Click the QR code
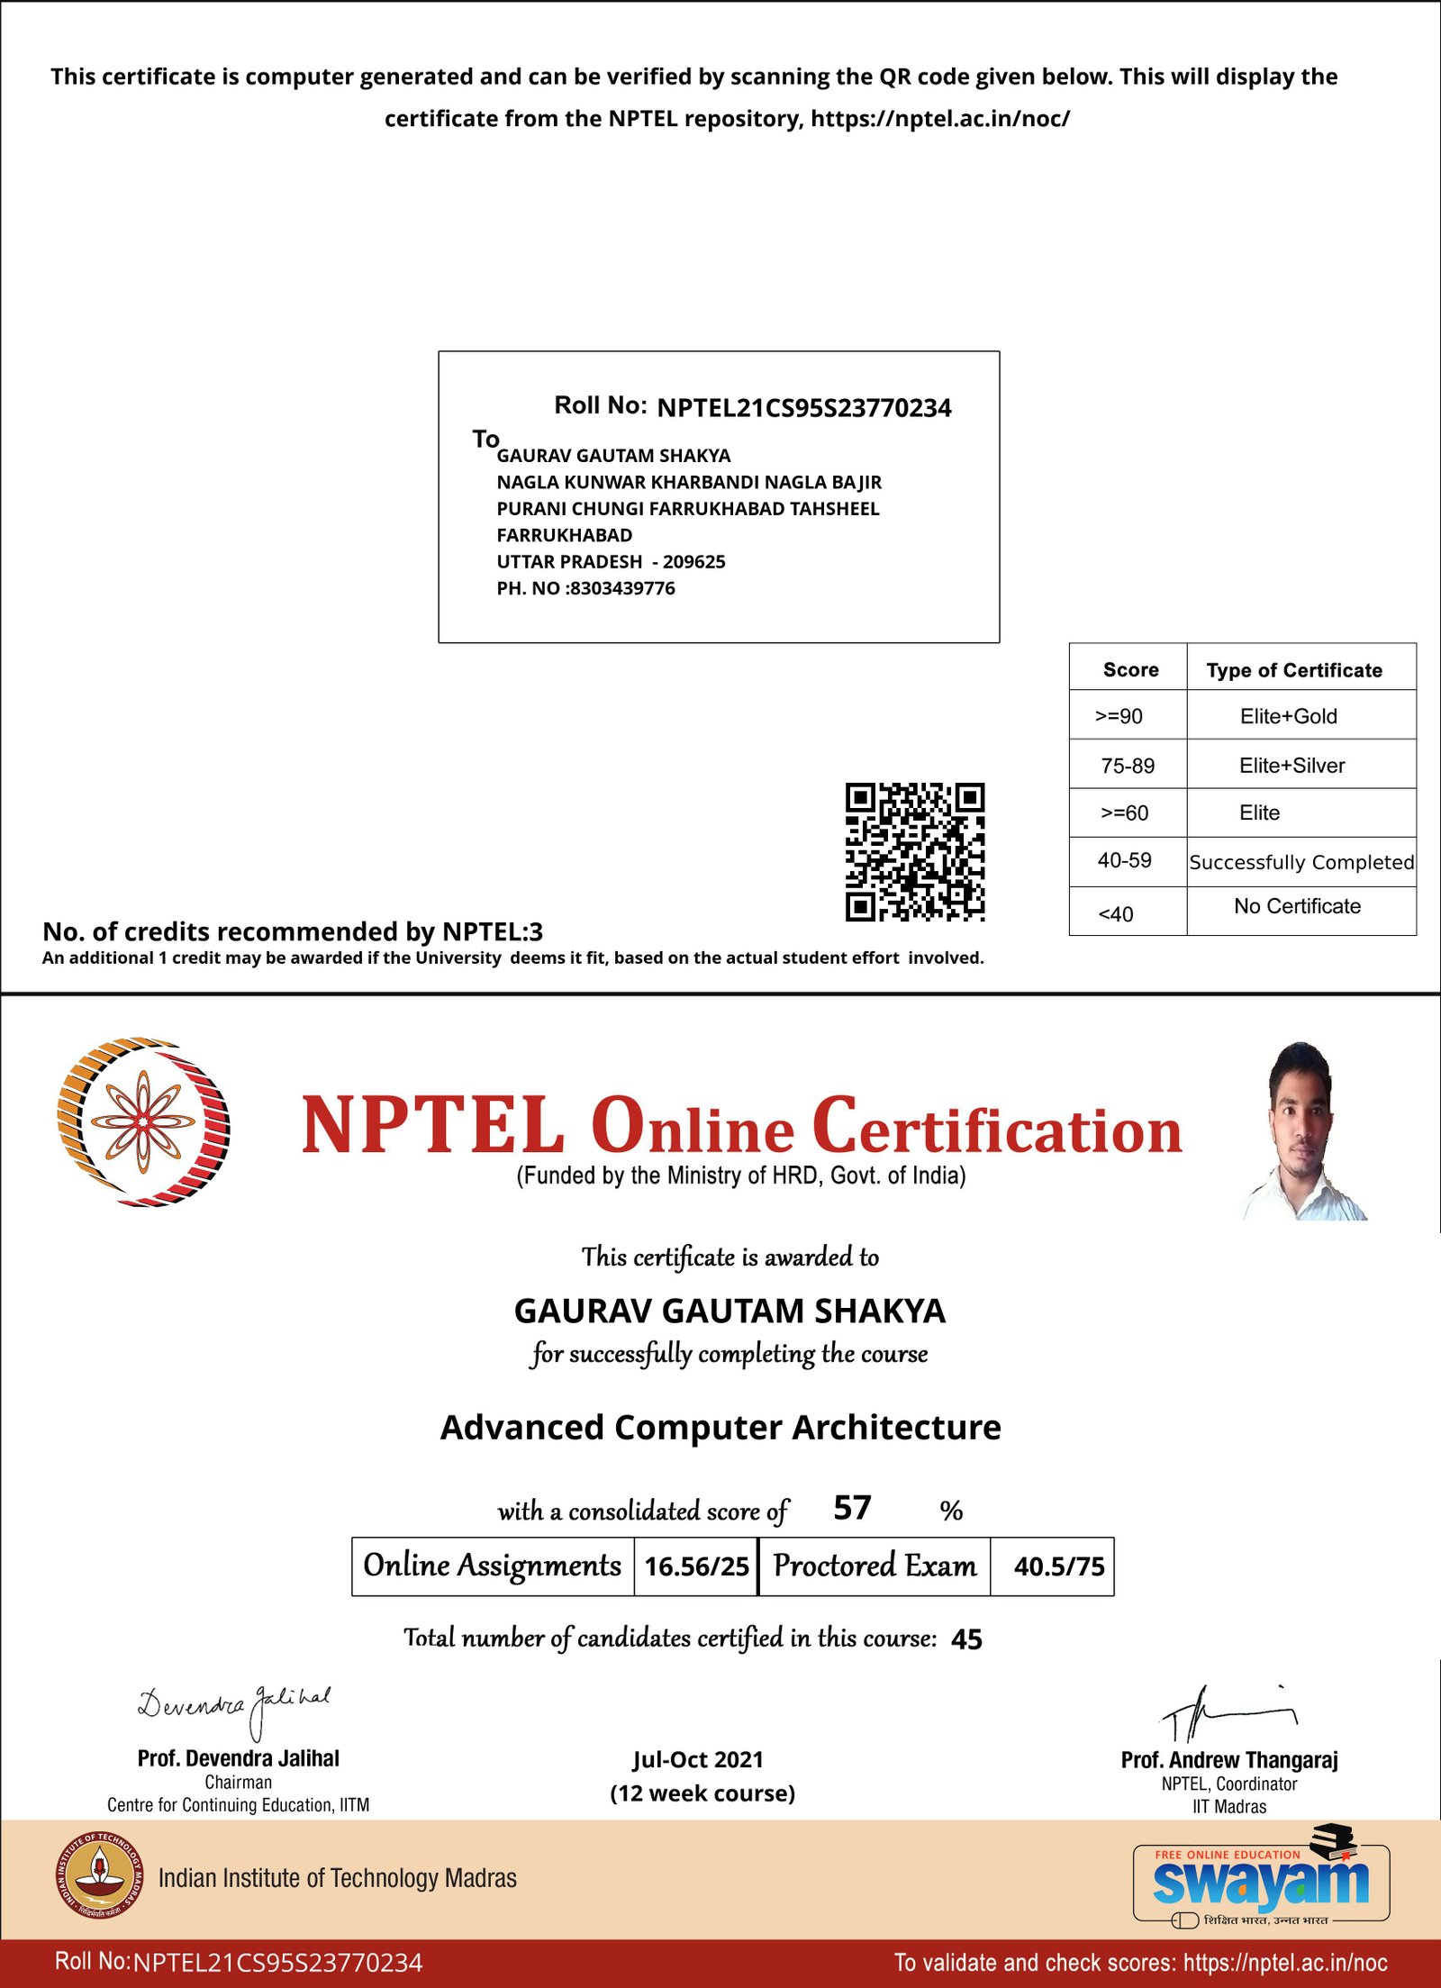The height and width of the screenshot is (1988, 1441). tap(914, 851)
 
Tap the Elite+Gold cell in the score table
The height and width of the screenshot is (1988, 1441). tap(1288, 716)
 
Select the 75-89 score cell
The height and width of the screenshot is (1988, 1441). tap(1127, 766)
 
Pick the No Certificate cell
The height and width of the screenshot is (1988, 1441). tap(1297, 906)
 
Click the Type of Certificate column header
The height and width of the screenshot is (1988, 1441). tap(1294, 670)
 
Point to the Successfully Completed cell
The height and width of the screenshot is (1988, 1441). tap(1301, 862)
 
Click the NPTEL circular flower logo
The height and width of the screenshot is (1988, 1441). tap(143, 1121)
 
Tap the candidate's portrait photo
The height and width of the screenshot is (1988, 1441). tap(1302, 1131)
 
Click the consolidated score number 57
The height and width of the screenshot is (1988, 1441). tap(852, 1508)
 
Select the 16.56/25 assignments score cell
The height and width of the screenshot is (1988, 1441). tap(696, 1566)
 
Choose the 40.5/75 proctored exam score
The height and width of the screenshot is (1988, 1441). tap(1058, 1566)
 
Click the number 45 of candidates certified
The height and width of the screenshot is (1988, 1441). tap(966, 1639)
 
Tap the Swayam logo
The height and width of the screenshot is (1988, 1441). tap(1261, 1881)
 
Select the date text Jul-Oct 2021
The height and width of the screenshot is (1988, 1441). tap(698, 1760)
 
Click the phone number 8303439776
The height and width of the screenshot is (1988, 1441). tap(622, 588)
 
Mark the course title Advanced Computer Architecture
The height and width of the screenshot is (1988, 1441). tap(720, 1428)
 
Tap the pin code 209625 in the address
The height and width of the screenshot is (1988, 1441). tap(693, 562)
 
